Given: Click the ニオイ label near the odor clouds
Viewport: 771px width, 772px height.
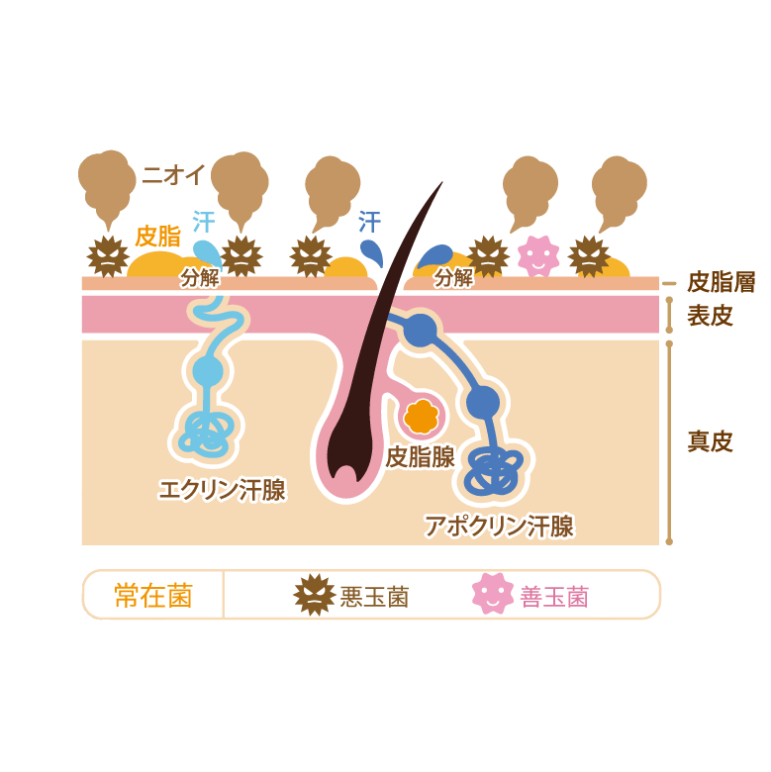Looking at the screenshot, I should tap(173, 175).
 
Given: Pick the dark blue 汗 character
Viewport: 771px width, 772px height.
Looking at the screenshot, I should tap(369, 221).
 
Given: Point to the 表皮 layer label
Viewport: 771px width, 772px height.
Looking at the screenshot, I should tap(711, 317).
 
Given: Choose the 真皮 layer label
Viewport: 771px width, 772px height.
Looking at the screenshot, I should tap(711, 441).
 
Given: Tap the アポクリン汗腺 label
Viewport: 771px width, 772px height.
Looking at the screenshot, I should tap(499, 526).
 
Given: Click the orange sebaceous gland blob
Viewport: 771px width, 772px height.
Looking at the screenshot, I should tap(423, 416).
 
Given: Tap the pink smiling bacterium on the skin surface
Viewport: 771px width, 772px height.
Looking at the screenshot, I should tap(538, 256).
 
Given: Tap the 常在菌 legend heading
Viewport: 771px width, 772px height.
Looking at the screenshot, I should tap(152, 596).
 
